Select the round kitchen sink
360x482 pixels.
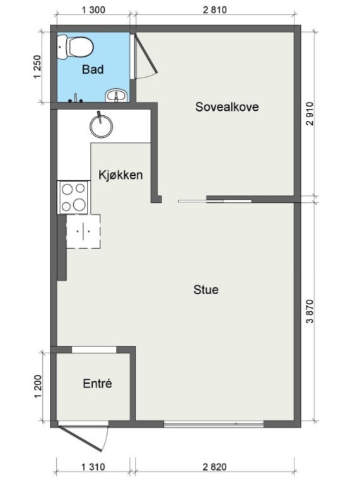(x=101, y=125)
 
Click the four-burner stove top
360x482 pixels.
(x=73, y=197)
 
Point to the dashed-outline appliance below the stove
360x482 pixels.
(x=83, y=231)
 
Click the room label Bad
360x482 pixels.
(x=93, y=69)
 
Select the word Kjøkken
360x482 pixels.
(x=120, y=175)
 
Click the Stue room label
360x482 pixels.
(x=206, y=290)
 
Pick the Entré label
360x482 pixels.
(x=97, y=383)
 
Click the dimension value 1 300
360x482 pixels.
(x=93, y=9)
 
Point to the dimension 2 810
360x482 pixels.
(x=214, y=9)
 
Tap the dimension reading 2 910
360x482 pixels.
(x=310, y=113)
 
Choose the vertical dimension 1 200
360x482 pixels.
(x=36, y=386)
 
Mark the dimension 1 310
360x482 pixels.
(x=93, y=467)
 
